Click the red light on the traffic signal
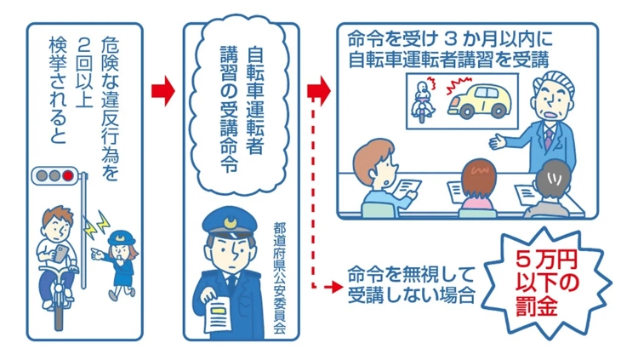(x=68, y=176)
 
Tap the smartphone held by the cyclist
(x=60, y=253)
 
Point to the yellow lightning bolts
(x=97, y=225)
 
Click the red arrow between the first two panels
(x=162, y=91)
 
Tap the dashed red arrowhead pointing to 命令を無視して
(x=337, y=287)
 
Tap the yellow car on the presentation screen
(x=479, y=101)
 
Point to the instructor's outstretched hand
(x=498, y=142)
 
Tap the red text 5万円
(x=546, y=260)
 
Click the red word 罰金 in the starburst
(x=536, y=306)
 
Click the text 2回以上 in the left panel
(x=84, y=76)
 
